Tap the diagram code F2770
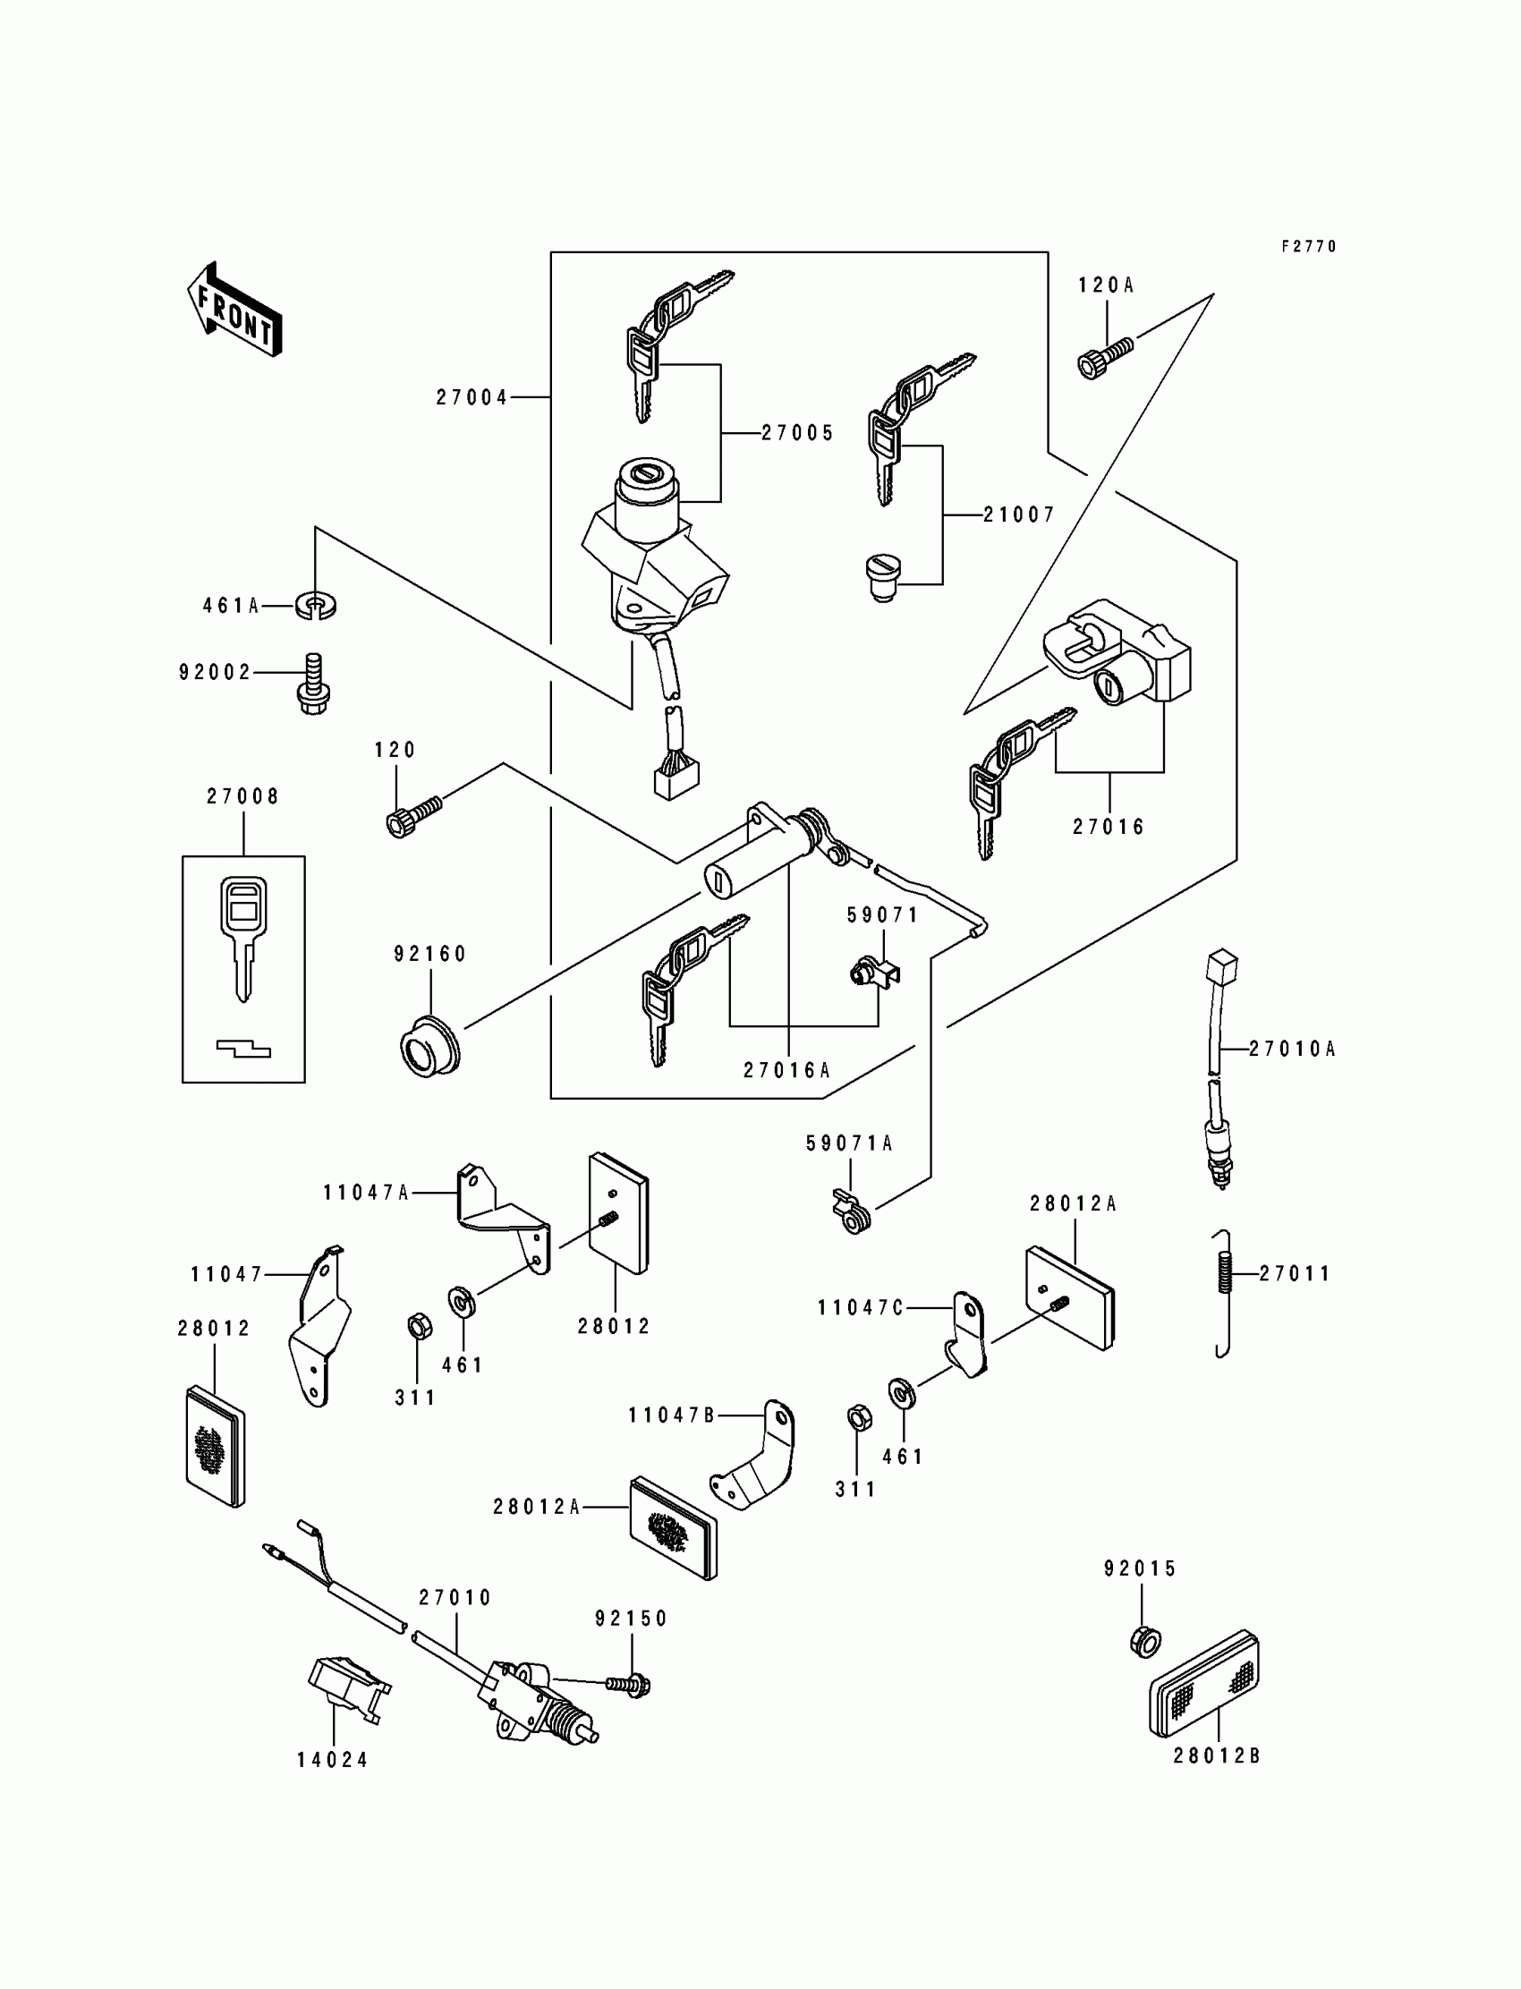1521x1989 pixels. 1309,246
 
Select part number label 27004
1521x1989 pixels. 472,397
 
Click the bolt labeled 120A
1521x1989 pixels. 1106,357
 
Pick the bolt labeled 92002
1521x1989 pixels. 313,684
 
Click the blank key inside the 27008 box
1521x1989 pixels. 242,938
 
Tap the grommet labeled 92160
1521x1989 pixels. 430,1048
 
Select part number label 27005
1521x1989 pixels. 796,434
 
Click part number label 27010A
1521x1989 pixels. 1292,1050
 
